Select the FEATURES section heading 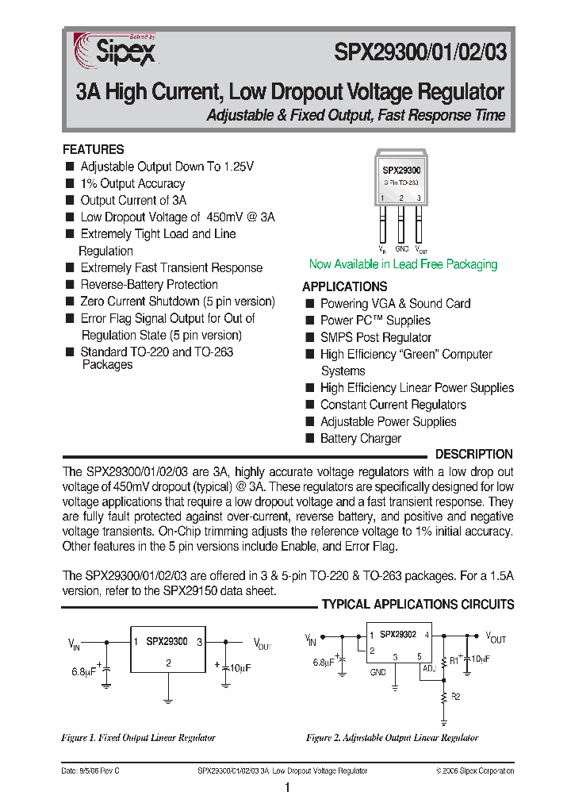pyautogui.click(x=94, y=149)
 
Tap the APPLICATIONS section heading pyautogui.click(x=345, y=286)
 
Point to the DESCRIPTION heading pyautogui.click(x=474, y=454)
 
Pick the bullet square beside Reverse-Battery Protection pyautogui.click(x=70, y=284)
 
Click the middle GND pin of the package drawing pyautogui.click(x=401, y=225)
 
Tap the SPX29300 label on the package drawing pyautogui.click(x=401, y=170)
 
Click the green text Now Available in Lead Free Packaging pyautogui.click(x=403, y=264)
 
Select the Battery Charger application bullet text pyautogui.click(x=361, y=438)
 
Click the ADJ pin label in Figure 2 pyautogui.click(x=428, y=669)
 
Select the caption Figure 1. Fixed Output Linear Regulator pyautogui.click(x=138, y=737)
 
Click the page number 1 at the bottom pyautogui.click(x=286, y=787)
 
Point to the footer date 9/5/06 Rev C pyautogui.click(x=90, y=770)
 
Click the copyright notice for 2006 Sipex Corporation pyautogui.click(x=475, y=770)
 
